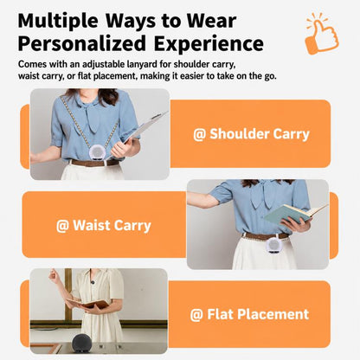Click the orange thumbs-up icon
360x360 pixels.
pyautogui.click(x=322, y=35)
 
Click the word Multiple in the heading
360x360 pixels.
pyautogui.click(x=58, y=22)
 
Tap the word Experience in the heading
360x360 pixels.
pyautogui.click(x=209, y=44)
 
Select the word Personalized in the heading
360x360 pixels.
pyautogui.click(x=82, y=44)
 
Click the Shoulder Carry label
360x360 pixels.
pyautogui.click(x=251, y=134)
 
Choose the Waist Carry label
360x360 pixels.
pyautogui.click(x=104, y=225)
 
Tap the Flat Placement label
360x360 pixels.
pyautogui.click(x=249, y=314)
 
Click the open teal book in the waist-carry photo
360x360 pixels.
pyautogui.click(x=294, y=215)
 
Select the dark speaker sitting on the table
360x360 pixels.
pyautogui.click(x=82, y=343)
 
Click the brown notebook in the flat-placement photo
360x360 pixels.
pyautogui.click(x=88, y=304)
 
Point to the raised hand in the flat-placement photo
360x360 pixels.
pyautogui.click(x=52, y=274)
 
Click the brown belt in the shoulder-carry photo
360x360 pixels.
pyautogui.click(x=95, y=163)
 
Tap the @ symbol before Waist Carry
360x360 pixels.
pyautogui.click(x=62, y=226)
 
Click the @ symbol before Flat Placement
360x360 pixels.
pyautogui.click(x=196, y=315)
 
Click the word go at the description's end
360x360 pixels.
pyautogui.click(x=269, y=76)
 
